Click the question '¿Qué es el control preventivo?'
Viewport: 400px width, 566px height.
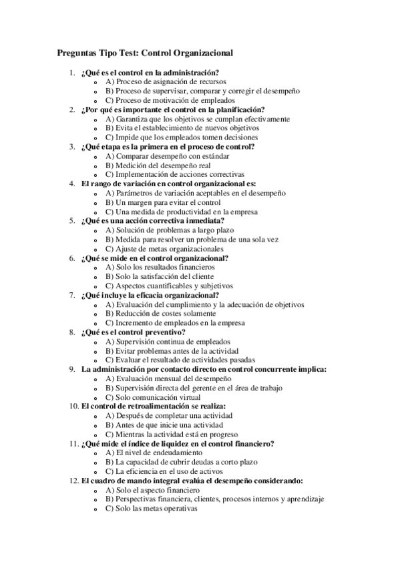tap(133, 331)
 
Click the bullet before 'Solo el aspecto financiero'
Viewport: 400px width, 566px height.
tap(97, 490)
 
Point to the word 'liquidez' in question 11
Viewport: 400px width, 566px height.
tap(178, 443)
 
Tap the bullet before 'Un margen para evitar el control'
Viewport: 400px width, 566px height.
tap(97, 202)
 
